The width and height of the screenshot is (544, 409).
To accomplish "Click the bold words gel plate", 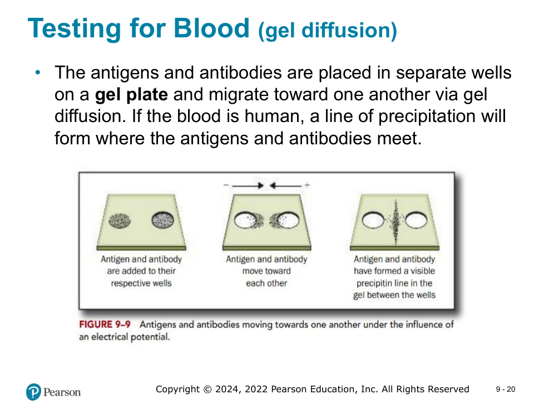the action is point(131,95).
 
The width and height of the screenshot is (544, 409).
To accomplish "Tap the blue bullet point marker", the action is point(38,72).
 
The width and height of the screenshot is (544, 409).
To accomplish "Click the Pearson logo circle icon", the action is point(34,392).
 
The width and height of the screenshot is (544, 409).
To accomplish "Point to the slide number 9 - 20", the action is point(506,389).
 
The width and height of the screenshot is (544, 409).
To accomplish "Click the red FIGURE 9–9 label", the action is point(105,324).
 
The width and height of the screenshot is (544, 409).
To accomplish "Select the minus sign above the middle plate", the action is point(226,185).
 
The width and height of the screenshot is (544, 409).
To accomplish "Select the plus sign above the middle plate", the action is point(307,185).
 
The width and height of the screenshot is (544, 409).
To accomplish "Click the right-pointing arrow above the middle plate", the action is point(248,186).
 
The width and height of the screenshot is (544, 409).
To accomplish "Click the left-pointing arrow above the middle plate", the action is point(285,186).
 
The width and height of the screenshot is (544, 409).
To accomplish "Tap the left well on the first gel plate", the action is point(120,220).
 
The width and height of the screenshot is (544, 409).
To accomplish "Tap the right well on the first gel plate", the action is point(163,220).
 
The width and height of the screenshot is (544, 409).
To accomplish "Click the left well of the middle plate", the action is point(246,220).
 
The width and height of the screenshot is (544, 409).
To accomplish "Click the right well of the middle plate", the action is point(288,220).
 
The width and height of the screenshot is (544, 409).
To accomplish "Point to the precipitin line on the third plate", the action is point(395,222).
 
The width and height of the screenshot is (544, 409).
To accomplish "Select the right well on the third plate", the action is point(416,220).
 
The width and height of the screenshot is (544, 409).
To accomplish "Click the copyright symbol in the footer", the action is point(207,389).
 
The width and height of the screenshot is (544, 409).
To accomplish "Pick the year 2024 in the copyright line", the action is point(227,389).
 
